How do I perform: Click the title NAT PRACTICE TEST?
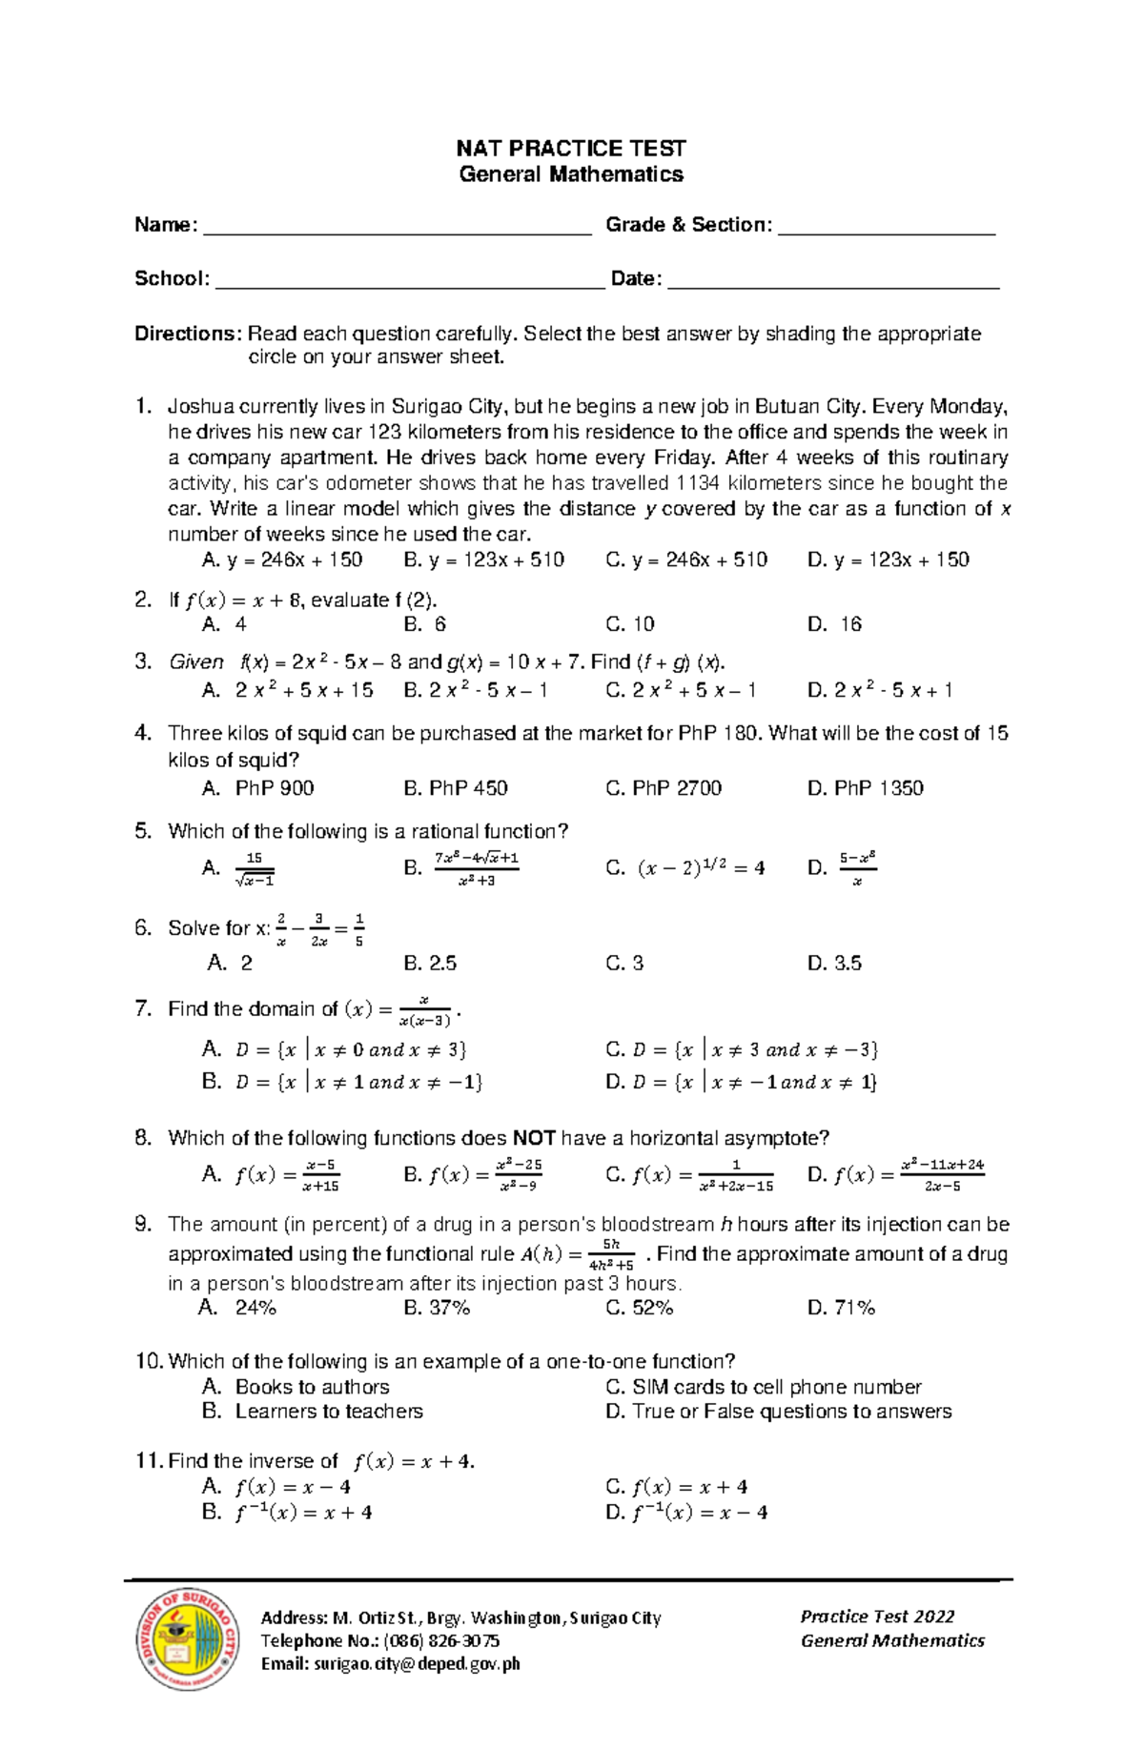click(x=570, y=149)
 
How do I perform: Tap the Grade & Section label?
click(x=688, y=225)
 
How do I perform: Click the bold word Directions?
click(x=188, y=334)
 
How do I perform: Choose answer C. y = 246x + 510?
click(x=686, y=560)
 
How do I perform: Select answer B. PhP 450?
click(x=456, y=788)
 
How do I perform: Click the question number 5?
click(x=143, y=831)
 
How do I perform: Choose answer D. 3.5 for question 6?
click(x=834, y=964)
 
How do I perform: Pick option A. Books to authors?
click(x=296, y=1387)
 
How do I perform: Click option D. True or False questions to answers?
click(x=778, y=1412)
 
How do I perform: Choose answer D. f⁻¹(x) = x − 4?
click(x=686, y=1513)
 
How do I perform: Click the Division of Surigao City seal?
click(x=188, y=1640)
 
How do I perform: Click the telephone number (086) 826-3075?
click(x=441, y=1640)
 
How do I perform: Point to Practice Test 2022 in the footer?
click(x=877, y=1617)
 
